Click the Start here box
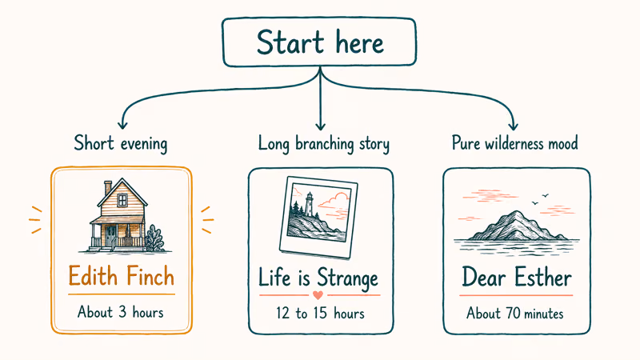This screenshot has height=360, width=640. pyautogui.click(x=320, y=42)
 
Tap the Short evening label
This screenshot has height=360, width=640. pyautogui.click(x=121, y=144)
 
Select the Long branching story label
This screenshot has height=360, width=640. pyautogui.click(x=323, y=144)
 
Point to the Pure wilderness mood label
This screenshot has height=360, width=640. pyautogui.click(x=514, y=144)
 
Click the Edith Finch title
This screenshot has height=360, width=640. pyautogui.click(x=121, y=277)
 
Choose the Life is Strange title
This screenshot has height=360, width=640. pyautogui.click(x=318, y=278)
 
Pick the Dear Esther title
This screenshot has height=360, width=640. pyautogui.click(x=516, y=278)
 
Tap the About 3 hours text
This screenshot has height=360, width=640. pyautogui.click(x=121, y=312)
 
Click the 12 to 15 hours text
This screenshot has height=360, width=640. pyautogui.click(x=319, y=313)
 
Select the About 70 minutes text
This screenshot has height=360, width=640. pyautogui.click(x=515, y=313)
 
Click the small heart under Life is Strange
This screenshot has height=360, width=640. pyautogui.click(x=317, y=295)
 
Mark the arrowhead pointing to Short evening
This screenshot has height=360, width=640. pyautogui.click(x=122, y=125)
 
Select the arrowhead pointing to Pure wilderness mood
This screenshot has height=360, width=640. pyautogui.click(x=514, y=125)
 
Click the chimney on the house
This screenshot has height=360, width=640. pyautogui.click(x=108, y=187)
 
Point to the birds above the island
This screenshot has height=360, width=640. pyautogui.click(x=542, y=195)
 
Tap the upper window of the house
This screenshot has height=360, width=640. pyautogui.click(x=122, y=200)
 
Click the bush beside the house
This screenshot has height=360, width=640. pyautogui.click(x=153, y=238)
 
